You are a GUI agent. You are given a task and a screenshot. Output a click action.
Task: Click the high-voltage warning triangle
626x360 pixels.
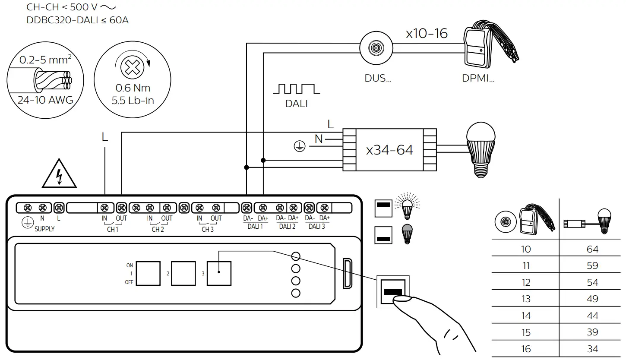60,175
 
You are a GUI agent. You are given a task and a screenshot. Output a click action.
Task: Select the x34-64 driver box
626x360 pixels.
389,150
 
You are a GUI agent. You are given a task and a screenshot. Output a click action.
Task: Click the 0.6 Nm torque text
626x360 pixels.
133,88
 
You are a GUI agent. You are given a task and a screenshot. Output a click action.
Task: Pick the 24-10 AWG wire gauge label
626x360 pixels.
45,100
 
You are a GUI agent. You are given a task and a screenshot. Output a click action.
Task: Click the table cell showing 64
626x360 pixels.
592,249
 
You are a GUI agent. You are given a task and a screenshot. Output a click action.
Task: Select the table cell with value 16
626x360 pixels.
525,349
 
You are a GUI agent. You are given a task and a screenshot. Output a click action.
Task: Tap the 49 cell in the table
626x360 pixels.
592,299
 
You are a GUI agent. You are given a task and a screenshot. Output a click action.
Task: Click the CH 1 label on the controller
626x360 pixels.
113,229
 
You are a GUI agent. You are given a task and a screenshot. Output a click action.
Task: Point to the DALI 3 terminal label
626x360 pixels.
317,227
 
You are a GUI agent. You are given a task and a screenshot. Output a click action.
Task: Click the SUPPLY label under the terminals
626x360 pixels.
44,229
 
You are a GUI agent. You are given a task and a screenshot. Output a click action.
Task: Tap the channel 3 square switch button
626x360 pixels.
219,273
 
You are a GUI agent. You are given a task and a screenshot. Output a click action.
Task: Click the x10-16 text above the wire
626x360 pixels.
427,34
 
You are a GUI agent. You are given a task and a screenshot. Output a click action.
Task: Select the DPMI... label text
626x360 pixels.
477,79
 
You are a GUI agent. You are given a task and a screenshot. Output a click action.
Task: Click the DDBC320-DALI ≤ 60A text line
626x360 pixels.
77,20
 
